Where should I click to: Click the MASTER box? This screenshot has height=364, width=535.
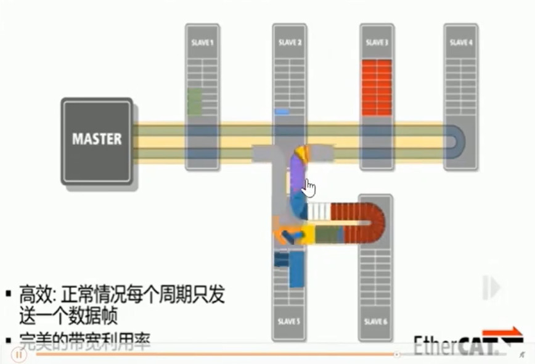click(97, 139)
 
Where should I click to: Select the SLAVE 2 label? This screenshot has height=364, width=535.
click(290, 43)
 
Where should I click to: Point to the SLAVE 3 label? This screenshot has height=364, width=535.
click(377, 43)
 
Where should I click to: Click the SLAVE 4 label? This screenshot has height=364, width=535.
click(461, 43)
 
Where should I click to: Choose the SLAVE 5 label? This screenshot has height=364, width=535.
click(289, 321)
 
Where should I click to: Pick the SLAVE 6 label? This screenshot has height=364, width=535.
click(375, 321)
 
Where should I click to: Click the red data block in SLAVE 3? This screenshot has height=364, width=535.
click(377, 87)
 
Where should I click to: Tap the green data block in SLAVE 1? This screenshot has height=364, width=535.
click(195, 102)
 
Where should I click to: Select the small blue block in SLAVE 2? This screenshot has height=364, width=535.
click(282, 112)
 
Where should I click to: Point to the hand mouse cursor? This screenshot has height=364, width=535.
click(309, 188)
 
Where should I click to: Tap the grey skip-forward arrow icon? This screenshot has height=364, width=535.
click(491, 287)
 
